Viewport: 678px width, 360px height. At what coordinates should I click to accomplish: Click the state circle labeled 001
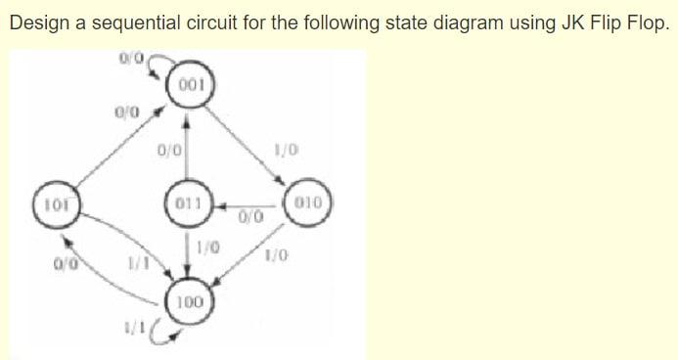[x=191, y=84]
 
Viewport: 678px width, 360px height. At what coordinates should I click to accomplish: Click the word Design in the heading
[x=37, y=22]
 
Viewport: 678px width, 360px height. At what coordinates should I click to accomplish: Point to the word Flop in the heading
[x=649, y=22]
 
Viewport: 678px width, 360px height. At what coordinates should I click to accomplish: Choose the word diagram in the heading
[x=444, y=22]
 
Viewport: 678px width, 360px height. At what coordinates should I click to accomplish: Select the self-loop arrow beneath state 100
[x=162, y=338]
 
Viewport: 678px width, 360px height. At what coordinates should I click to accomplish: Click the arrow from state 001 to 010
[x=249, y=142]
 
